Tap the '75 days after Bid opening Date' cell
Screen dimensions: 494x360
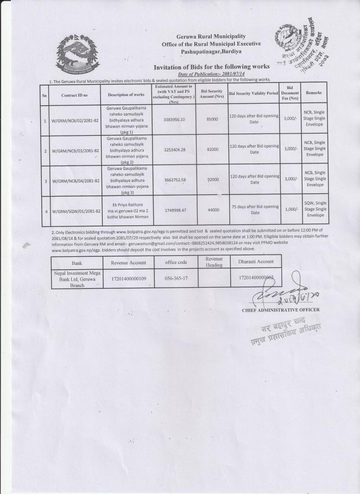pyautogui.click(x=254, y=210)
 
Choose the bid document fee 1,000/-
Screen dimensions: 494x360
pyautogui.click(x=289, y=210)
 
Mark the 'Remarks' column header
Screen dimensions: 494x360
pyautogui.click(x=314, y=93)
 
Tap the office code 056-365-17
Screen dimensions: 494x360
pyautogui.click(x=176, y=277)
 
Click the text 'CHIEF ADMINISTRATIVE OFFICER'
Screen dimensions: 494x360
pyautogui.click(x=281, y=310)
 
